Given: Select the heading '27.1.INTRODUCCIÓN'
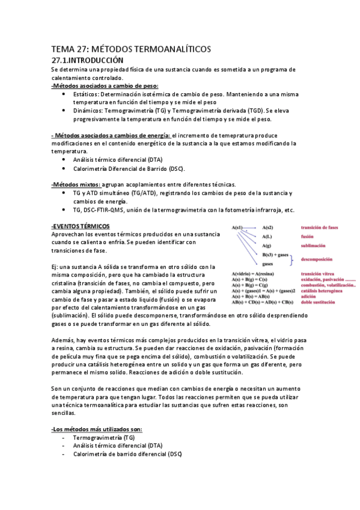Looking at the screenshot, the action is click(87, 60).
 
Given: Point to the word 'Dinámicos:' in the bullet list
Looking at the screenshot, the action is click(88, 111).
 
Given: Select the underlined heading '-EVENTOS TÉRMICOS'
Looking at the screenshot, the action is click(80, 226).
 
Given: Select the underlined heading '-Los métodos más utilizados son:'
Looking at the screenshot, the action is click(97, 429).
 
